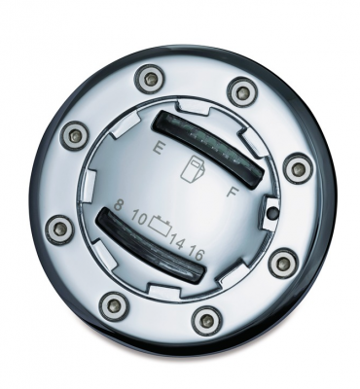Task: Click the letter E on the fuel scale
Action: coord(159,151)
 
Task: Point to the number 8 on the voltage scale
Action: coord(118,206)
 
